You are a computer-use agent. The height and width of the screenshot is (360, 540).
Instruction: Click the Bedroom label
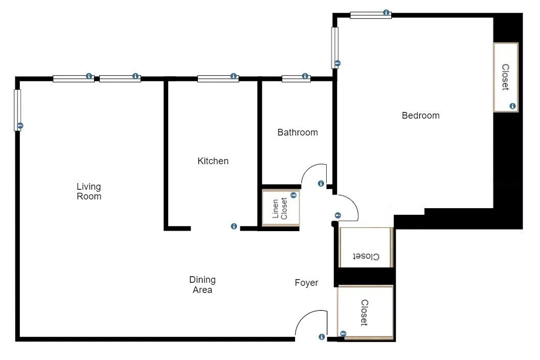[420, 116]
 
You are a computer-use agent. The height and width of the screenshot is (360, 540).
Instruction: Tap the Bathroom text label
[297, 132]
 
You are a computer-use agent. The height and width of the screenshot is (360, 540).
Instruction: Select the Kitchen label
[213, 161]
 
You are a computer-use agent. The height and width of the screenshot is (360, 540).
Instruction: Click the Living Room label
[89, 191]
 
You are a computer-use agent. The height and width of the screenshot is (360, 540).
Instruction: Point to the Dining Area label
[202, 285]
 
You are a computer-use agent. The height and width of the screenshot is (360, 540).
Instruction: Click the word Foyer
[306, 283]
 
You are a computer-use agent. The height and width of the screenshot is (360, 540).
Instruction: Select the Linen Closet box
[280, 208]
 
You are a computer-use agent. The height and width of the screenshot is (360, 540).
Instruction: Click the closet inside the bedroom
[505, 77]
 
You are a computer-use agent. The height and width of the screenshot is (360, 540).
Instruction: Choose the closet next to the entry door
[365, 312]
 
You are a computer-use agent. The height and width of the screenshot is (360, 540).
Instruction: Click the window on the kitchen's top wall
[217, 79]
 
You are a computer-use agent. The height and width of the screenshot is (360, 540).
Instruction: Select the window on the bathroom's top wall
[296, 79]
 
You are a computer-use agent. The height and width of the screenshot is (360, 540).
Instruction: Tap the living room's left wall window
[17, 110]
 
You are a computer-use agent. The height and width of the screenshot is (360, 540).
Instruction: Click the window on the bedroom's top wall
[370, 15]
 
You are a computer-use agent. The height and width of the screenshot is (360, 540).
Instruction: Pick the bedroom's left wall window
[334, 47]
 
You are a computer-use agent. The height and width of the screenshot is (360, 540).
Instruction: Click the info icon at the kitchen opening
[234, 227]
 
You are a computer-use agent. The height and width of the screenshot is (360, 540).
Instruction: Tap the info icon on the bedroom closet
[512, 106]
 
